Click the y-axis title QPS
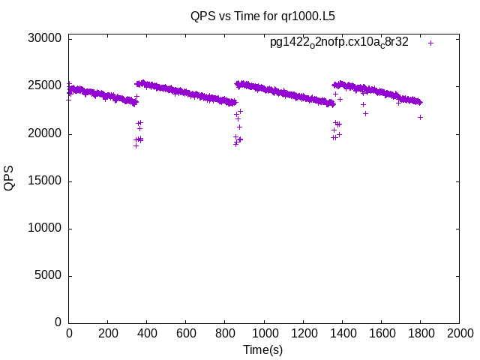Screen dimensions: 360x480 9,178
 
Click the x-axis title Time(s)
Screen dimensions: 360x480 262,349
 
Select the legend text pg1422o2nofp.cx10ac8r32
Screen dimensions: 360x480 339,42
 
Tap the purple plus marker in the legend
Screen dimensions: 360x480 430,43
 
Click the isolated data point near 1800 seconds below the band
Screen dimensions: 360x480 421,117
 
